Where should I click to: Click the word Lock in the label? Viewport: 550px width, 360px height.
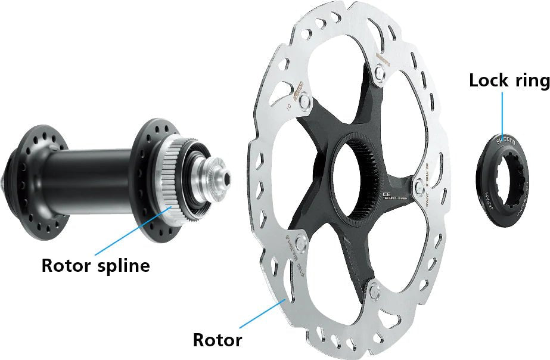tap(487, 80)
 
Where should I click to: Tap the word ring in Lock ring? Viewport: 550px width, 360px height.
tap(529, 82)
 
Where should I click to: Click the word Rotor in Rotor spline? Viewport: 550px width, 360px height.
tap(64, 265)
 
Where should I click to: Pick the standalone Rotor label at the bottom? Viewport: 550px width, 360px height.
tap(217, 340)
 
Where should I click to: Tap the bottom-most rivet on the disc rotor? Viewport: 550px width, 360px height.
tap(374, 291)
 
